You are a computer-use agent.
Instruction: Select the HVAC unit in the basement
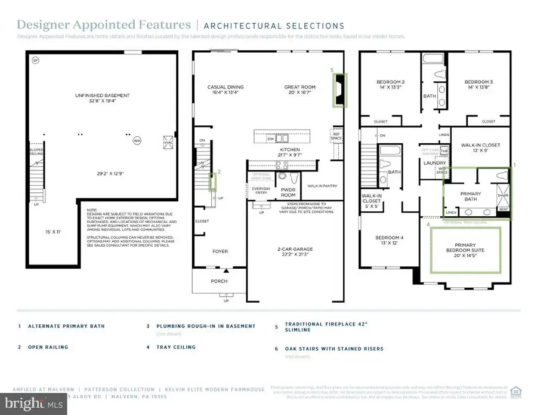pos(168,141)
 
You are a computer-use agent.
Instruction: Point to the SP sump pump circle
pos(35,60)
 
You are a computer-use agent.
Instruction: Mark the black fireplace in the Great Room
pos(339,90)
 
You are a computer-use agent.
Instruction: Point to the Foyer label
pos(220,251)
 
